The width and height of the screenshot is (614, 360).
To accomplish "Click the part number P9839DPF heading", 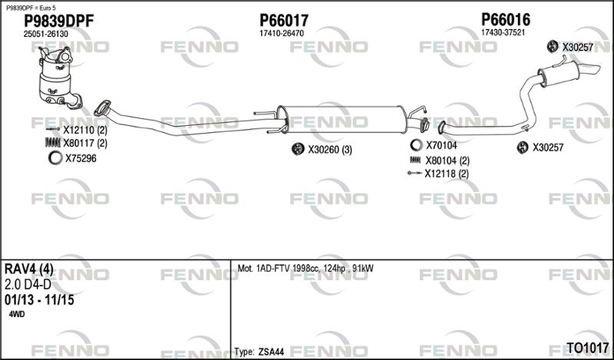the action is tap(59, 21).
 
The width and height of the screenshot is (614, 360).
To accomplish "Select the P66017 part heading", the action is tap(284, 21).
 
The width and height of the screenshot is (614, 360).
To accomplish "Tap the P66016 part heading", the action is tap(506, 19).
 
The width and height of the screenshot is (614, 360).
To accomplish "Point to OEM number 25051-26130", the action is tap(46, 34).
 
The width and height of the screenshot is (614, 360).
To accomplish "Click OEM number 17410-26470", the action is tap(282, 34).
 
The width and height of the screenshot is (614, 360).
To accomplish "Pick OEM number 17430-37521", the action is tap(503, 32).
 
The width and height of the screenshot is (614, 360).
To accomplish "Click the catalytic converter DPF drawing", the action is tap(60, 78).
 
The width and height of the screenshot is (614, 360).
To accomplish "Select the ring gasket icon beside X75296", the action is tap(55, 158).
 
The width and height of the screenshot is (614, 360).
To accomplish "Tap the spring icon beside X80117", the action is tap(53, 143).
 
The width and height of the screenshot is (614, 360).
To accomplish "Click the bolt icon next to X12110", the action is tap(53, 129).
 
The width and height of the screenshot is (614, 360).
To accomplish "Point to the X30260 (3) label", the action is tap(330, 150).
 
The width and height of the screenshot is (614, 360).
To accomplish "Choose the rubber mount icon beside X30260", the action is tap(298, 149).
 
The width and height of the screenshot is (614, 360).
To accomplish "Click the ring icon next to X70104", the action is tap(416, 145).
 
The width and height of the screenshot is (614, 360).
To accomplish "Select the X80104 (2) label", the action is tap(447, 160).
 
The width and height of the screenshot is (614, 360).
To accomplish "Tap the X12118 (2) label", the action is tap(447, 173).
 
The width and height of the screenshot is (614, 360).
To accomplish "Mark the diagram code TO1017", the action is tap(587, 348).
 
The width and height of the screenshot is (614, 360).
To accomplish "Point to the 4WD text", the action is tap(16, 314).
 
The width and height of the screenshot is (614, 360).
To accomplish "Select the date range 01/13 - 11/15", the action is tap(39, 300).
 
